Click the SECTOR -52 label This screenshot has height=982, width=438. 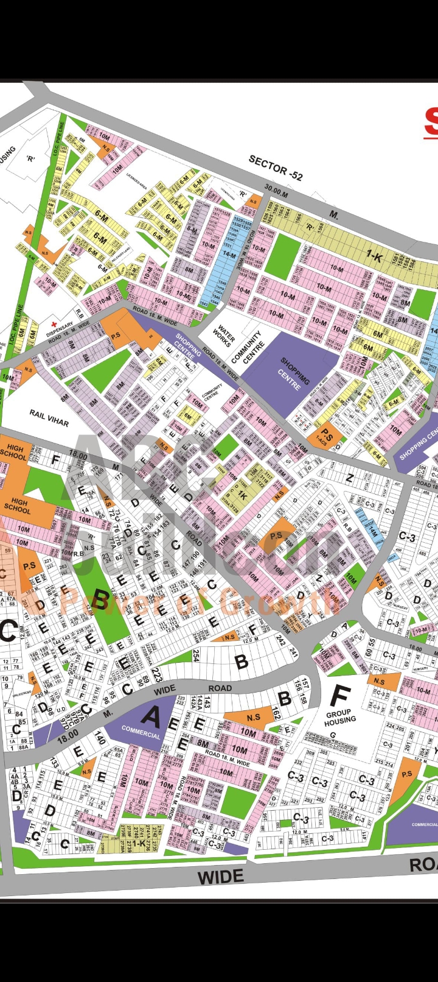[276, 168]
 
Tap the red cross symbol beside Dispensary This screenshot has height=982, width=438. [54, 324]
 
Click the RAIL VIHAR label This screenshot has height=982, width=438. [49, 418]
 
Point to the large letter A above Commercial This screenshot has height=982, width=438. [150, 716]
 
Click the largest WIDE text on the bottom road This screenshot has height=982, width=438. [221, 877]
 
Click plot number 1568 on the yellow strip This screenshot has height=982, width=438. [321, 227]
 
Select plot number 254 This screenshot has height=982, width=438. [196, 655]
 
